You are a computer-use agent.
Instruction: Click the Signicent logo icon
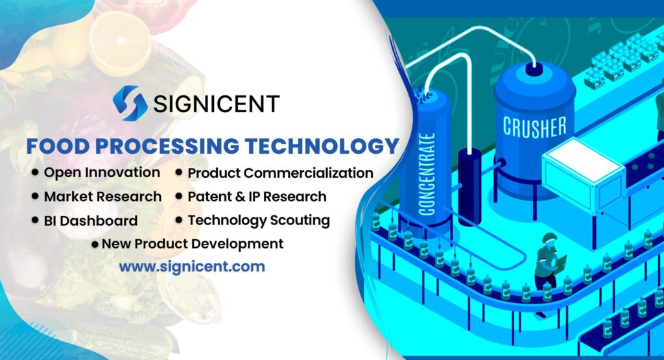[130, 103]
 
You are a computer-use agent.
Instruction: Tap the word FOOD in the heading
[54, 146]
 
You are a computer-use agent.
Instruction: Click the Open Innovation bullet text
[102, 173]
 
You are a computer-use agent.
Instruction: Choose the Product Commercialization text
[280, 173]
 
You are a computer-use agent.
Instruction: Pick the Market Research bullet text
[102, 196]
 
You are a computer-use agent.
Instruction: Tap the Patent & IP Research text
[257, 196]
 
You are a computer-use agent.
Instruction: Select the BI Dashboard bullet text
[91, 221]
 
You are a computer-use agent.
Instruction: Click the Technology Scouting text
[259, 220]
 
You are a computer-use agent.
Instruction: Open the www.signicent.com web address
[192, 266]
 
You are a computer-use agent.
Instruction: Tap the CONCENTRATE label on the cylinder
[426, 174]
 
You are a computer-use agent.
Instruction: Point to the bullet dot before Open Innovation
[34, 173]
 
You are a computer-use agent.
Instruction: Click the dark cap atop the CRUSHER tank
[534, 68]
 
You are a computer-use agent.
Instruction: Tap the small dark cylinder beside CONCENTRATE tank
[469, 185]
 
